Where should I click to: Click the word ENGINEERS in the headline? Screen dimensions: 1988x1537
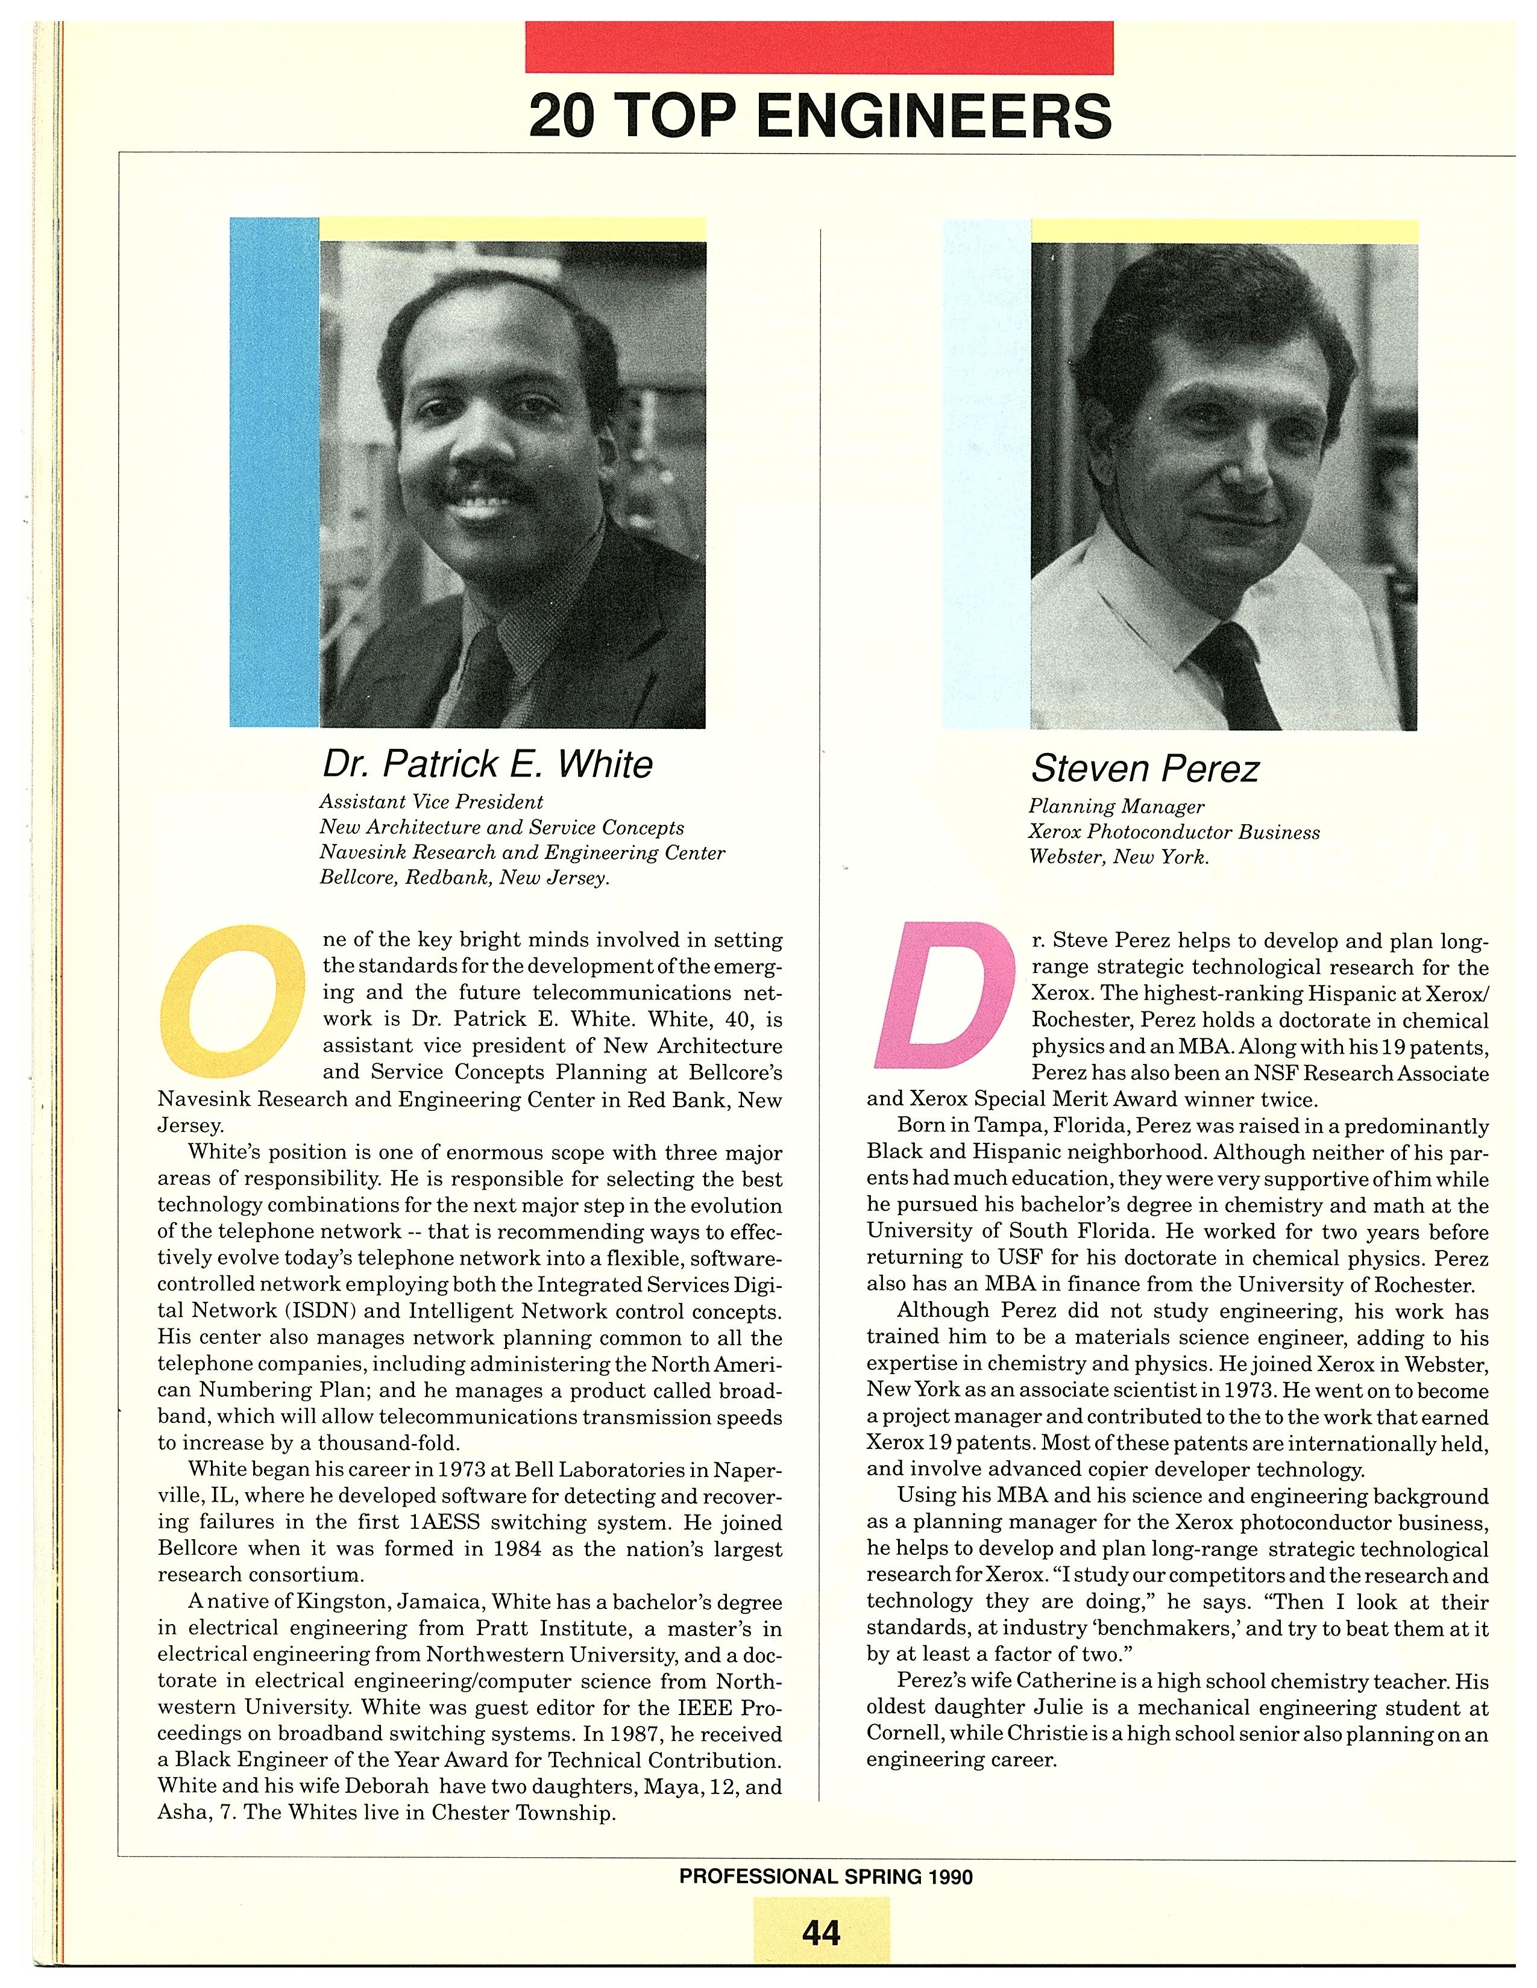click(933, 116)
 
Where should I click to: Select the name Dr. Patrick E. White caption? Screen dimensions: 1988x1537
click(487, 764)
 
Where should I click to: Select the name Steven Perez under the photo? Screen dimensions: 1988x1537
click(1145, 769)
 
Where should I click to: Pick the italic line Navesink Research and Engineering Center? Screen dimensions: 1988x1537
click(522, 853)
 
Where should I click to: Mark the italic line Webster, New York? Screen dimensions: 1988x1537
click(1118, 857)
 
